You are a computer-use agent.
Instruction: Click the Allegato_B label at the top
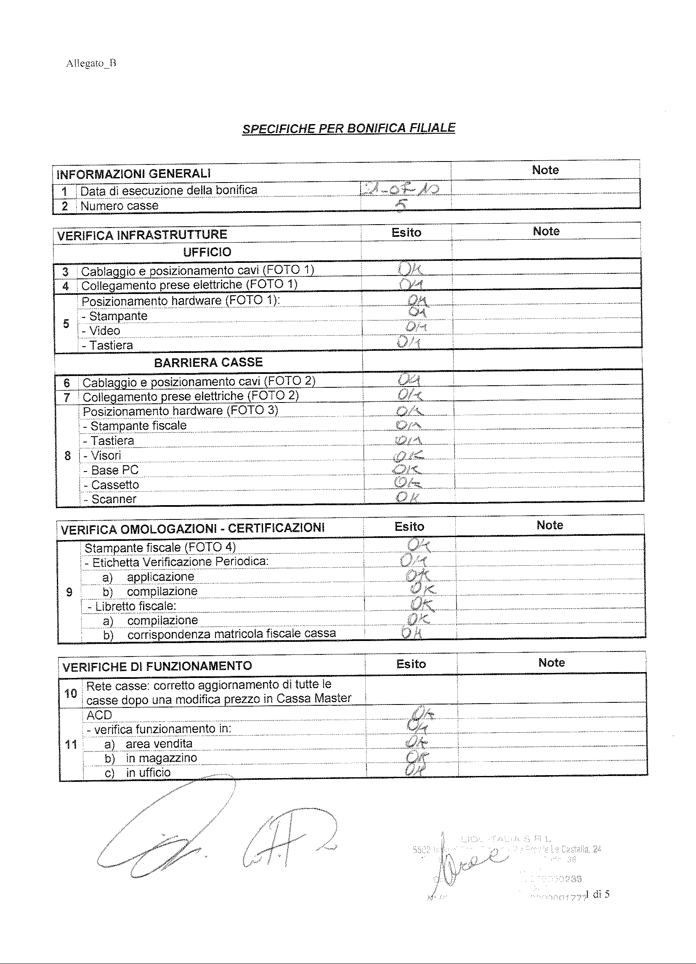pos(91,64)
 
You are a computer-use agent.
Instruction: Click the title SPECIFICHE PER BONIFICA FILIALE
pos(348,128)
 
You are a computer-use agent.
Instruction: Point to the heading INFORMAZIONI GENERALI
pos(133,174)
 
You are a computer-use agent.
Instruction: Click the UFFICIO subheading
pos(207,252)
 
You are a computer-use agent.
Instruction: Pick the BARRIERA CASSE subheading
pos(208,362)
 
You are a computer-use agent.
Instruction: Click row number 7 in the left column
pos(67,397)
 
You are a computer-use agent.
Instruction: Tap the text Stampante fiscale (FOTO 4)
pos(160,548)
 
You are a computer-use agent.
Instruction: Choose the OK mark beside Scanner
pos(408,497)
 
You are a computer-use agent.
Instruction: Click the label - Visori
pos(102,455)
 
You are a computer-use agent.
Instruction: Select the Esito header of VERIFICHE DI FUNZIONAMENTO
pos(411,664)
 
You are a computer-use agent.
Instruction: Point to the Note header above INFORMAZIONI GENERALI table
pos(545,170)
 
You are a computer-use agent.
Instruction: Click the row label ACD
pos(99,715)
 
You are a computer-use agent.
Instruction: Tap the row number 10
pos(70,693)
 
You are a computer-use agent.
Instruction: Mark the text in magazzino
pos(161,758)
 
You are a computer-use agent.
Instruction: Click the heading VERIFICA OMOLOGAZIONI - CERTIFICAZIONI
pos(193,528)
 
